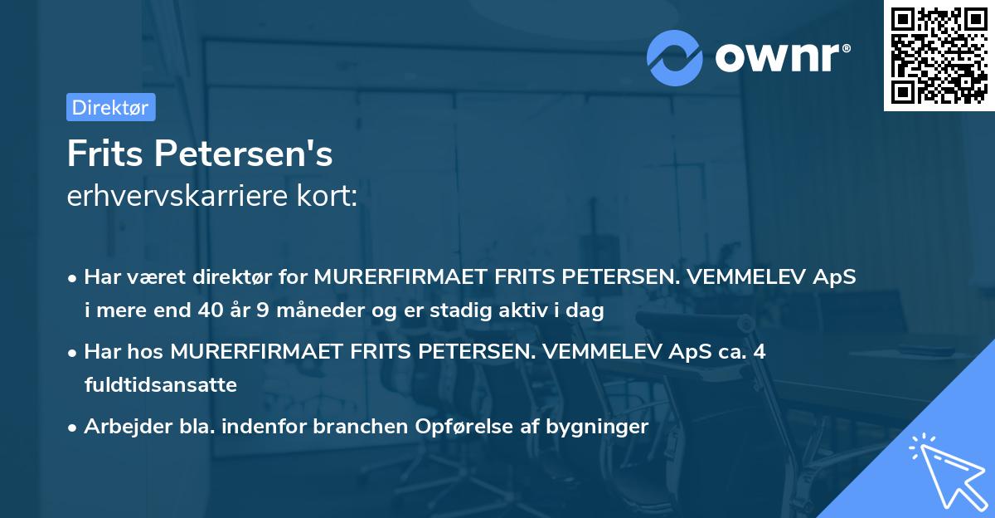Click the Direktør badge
pyautogui.click(x=110, y=107)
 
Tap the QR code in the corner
pyautogui.click(x=939, y=56)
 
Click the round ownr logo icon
pyautogui.click(x=675, y=57)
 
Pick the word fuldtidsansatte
pyautogui.click(x=160, y=385)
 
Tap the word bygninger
pyautogui.click(x=598, y=427)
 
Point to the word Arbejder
pyautogui.click(x=121, y=427)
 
